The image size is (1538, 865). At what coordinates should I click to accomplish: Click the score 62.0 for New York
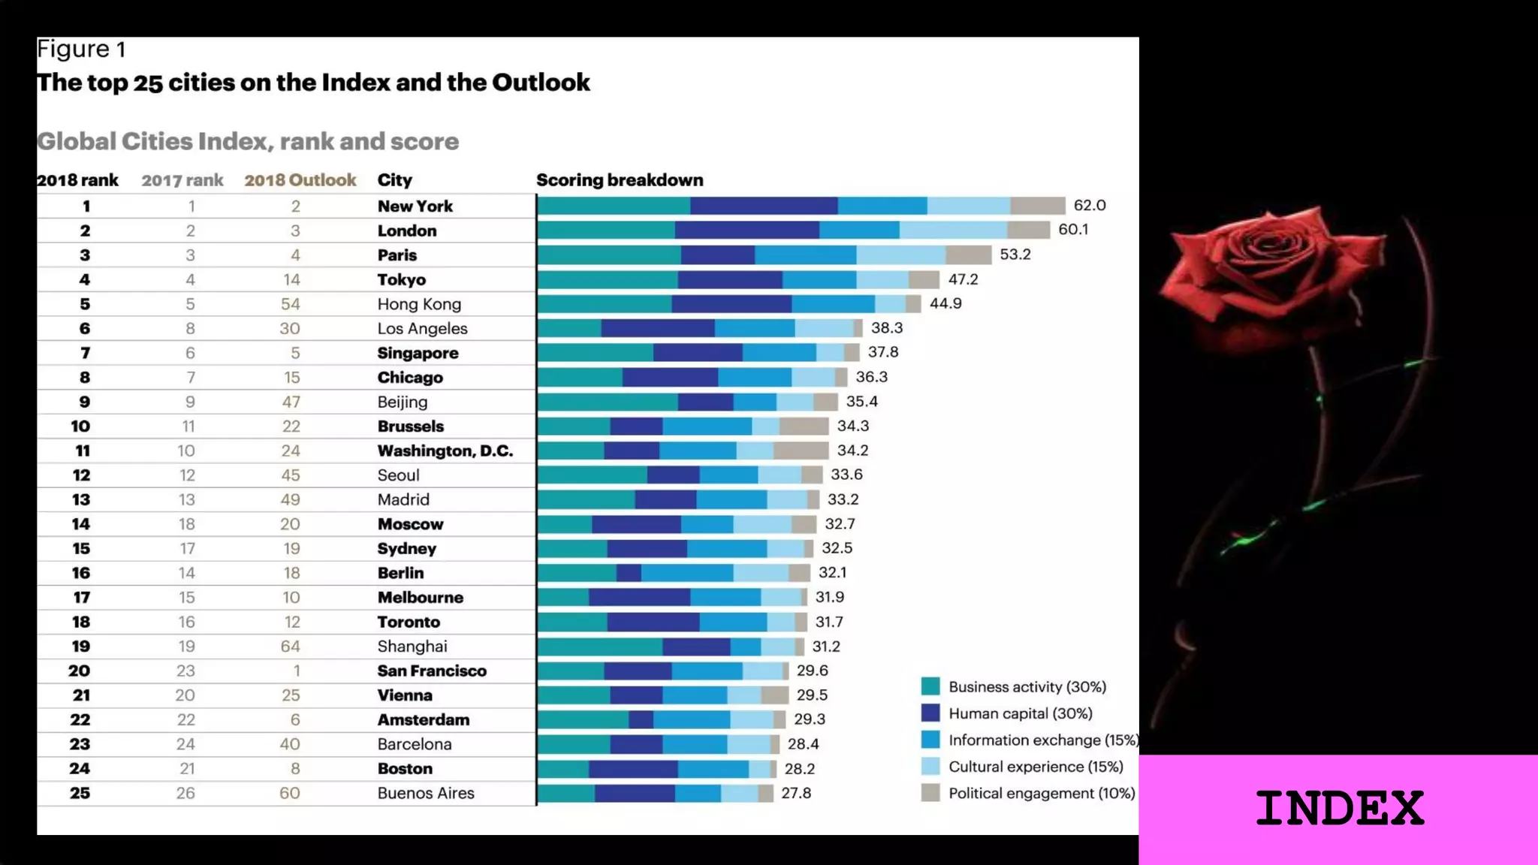[x=1089, y=206]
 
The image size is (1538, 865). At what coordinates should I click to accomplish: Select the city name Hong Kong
[x=419, y=304]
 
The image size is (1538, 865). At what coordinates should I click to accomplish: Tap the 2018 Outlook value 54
[x=291, y=304]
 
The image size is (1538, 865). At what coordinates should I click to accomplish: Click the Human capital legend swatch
[x=930, y=713]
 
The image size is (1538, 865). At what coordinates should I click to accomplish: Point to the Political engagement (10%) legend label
[x=1041, y=794]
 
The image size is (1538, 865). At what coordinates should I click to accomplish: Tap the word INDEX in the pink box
[x=1339, y=809]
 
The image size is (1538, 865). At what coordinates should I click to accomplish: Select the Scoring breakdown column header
[x=620, y=180]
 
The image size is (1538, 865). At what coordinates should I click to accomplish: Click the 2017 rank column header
[x=182, y=180]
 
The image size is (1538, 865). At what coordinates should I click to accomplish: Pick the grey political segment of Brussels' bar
[x=804, y=426]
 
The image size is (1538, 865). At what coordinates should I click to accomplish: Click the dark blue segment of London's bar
[x=746, y=230]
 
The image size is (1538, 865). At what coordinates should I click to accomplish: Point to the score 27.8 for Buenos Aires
[x=796, y=793]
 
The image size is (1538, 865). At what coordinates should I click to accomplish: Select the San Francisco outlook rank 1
[x=297, y=671]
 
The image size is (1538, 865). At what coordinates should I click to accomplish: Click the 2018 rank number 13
[x=81, y=499]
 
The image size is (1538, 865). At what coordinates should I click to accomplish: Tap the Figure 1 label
[x=81, y=50]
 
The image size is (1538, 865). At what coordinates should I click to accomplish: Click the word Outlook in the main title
[x=541, y=83]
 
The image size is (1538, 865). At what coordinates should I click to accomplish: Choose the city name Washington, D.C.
[x=445, y=451]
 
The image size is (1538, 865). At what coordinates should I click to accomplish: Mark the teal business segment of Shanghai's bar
[x=599, y=646]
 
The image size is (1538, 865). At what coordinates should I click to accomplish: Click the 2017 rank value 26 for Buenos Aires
[x=185, y=793]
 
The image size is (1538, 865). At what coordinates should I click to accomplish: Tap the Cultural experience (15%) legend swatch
[x=930, y=767]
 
